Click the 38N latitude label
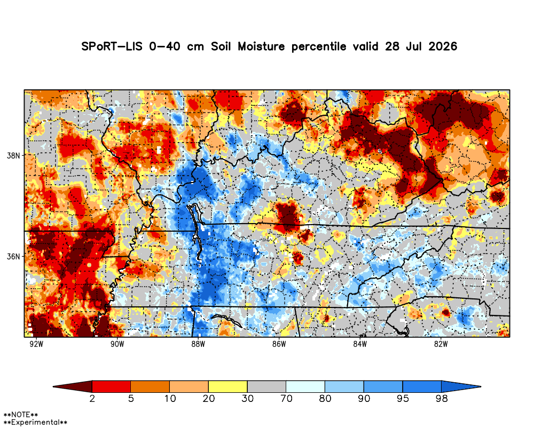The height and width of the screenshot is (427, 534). pos(13,156)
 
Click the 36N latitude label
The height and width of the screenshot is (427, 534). pos(13,256)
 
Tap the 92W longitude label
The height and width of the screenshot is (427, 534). pos(36,344)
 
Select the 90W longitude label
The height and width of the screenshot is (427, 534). pos(117,344)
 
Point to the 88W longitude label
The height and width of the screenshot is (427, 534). pos(198,344)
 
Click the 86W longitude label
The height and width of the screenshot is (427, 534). pos(279,344)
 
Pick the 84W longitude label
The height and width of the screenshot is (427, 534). pos(360,344)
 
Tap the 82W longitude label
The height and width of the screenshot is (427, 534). pos(441,344)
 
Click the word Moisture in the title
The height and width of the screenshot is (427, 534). pos(261,46)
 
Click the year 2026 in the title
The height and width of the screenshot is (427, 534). pos(443,46)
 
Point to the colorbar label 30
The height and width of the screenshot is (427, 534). pos(248,398)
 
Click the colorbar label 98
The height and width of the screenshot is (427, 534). pos(442,398)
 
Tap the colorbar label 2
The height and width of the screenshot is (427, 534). pos(92,398)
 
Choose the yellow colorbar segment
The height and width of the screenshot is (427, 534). pos(228,386)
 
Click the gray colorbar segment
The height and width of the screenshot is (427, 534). pos(266,386)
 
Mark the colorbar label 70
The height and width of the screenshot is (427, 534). pos(286,398)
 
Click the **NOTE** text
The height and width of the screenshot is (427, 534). pos(20,415)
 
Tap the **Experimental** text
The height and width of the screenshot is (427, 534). pos(35,422)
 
